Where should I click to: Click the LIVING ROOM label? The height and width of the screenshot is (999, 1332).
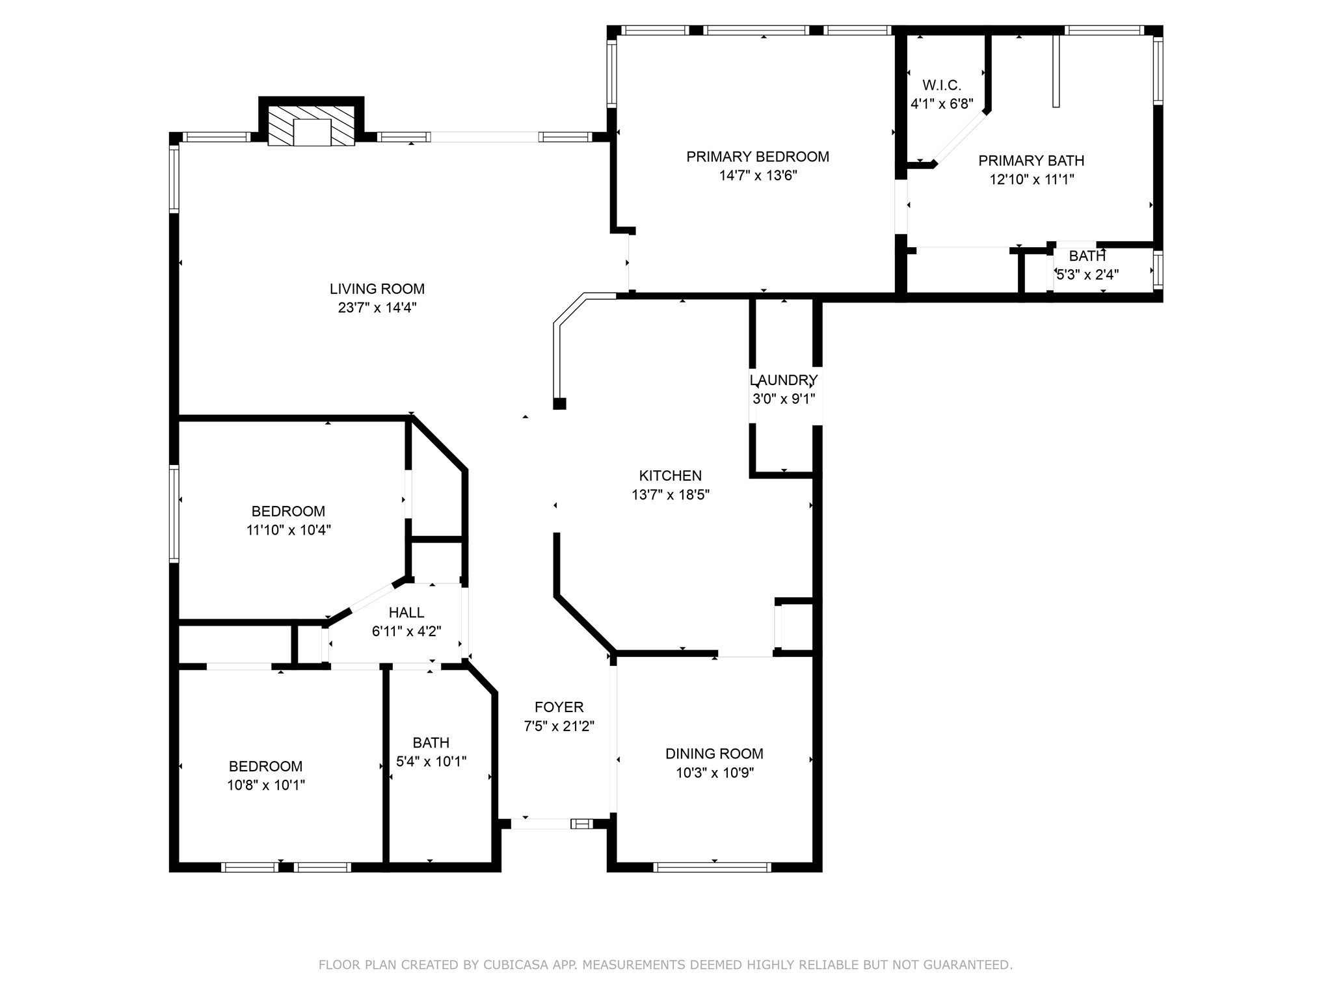tap(377, 289)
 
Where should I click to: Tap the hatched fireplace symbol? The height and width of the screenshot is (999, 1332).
tap(312, 126)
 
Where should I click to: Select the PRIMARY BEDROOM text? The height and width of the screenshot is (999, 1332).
tap(758, 157)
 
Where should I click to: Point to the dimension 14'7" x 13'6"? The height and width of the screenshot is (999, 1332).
tap(758, 176)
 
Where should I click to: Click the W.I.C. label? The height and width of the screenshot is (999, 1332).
tap(941, 85)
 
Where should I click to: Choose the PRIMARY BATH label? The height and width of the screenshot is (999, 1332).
tap(1031, 161)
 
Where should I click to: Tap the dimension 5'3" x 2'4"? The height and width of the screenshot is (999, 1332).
tap(1087, 275)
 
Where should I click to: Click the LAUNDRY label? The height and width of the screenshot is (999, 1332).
tap(783, 380)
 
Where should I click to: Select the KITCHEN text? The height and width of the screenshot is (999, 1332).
tap(670, 475)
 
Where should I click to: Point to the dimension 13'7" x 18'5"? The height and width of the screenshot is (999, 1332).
tap(670, 495)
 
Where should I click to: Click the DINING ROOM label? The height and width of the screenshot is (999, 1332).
tap(714, 754)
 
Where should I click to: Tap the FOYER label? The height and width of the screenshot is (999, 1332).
tap(559, 707)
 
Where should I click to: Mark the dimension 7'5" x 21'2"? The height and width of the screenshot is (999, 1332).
tap(559, 726)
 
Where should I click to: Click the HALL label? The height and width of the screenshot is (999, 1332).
tap(406, 612)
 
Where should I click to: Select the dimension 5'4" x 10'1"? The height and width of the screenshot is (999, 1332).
tap(431, 762)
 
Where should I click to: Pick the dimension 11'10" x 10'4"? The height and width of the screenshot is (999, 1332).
tap(288, 530)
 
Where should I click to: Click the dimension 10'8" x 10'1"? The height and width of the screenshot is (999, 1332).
tap(265, 786)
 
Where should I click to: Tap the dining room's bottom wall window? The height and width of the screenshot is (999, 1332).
tap(712, 867)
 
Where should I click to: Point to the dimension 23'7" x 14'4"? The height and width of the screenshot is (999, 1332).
tap(377, 308)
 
